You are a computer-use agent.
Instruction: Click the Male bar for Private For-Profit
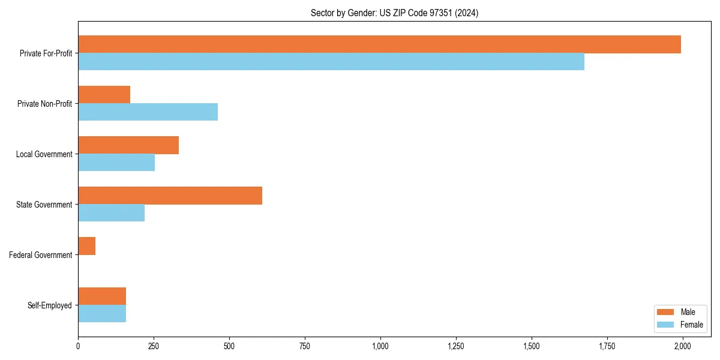(x=379, y=44)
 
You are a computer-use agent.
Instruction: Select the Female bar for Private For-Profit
(x=331, y=62)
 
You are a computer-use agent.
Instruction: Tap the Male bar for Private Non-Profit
(x=104, y=95)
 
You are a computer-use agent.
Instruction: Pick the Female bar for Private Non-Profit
(x=148, y=112)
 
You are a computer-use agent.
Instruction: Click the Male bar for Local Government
(x=128, y=145)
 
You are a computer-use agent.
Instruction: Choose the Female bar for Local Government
(x=116, y=163)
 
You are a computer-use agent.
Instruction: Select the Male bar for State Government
(x=170, y=196)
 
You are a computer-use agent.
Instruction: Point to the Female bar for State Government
(x=111, y=213)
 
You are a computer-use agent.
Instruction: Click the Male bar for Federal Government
(x=86, y=246)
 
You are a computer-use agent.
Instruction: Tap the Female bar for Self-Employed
(x=102, y=314)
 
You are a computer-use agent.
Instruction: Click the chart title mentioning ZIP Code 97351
(x=394, y=13)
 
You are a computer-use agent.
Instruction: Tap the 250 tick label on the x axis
(x=154, y=346)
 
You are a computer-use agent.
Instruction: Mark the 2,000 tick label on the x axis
(x=682, y=346)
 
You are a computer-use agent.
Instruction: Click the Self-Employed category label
(x=49, y=305)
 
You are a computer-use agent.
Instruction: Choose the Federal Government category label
(x=40, y=255)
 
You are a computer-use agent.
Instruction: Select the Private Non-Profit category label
(x=44, y=104)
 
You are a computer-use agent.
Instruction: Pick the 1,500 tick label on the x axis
(x=531, y=346)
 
